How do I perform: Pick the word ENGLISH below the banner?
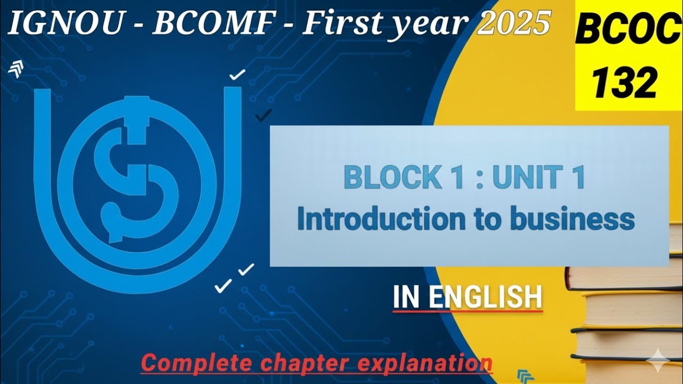[486, 297]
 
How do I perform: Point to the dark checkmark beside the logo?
[264, 115]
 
